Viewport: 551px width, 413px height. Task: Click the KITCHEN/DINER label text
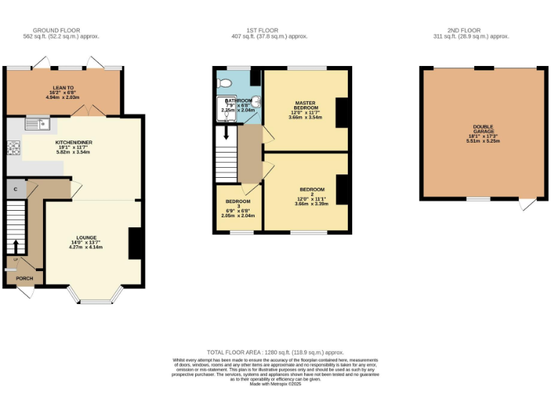(74, 146)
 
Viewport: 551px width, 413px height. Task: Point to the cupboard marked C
(15, 189)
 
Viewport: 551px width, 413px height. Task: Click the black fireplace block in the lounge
(134, 243)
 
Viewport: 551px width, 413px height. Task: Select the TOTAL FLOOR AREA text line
(275, 352)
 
